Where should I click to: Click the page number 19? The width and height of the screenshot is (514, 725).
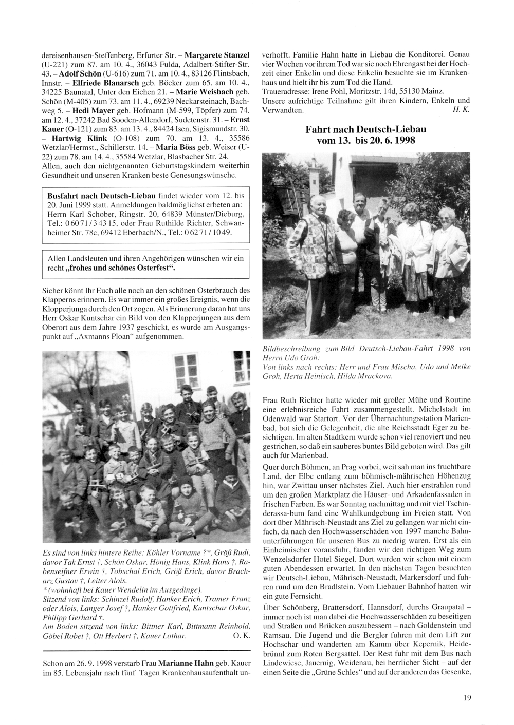tap(467, 697)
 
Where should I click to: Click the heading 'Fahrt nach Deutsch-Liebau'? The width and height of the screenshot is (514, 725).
tap(365, 130)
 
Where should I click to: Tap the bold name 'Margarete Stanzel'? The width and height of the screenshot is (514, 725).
tap(217, 54)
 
